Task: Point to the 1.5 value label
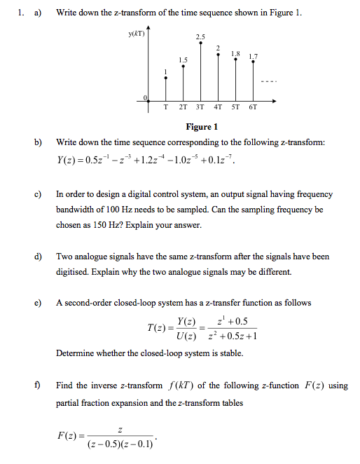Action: point(183,60)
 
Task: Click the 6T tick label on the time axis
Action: point(253,108)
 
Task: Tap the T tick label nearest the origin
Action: point(165,108)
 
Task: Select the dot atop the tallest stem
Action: point(201,43)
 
